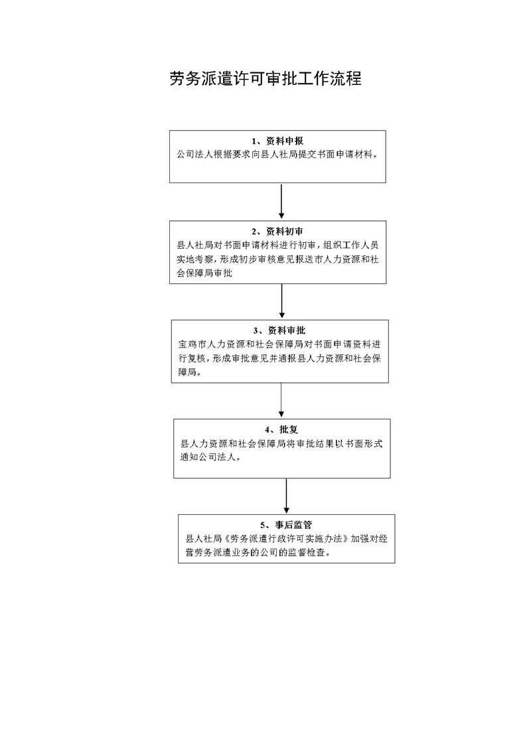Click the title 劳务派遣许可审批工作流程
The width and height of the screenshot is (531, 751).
click(265, 80)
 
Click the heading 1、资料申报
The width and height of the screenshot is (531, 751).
click(277, 141)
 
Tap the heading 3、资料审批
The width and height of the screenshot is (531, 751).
click(279, 331)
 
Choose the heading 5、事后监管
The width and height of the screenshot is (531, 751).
click(286, 525)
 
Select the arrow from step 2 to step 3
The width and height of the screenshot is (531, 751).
click(281, 302)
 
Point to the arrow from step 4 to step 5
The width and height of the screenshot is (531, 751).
click(286, 496)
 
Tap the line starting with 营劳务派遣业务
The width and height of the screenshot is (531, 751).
click(263, 553)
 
